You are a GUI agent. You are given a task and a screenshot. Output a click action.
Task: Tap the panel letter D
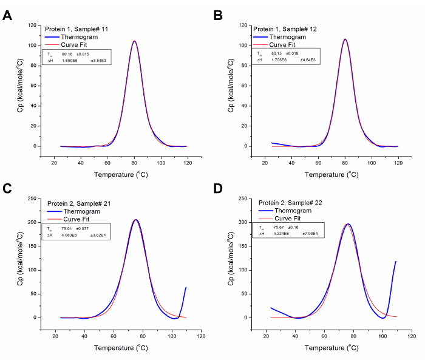tap(219, 189)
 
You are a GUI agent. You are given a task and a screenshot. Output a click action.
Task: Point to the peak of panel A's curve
tap(134, 41)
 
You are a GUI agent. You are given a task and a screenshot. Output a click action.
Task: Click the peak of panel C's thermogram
tap(136, 220)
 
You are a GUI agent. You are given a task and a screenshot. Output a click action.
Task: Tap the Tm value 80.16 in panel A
tap(68, 54)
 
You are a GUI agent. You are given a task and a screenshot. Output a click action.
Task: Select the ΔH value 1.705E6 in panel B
tap(280, 61)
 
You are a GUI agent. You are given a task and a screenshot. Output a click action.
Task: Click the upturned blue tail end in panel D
tap(396, 262)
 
